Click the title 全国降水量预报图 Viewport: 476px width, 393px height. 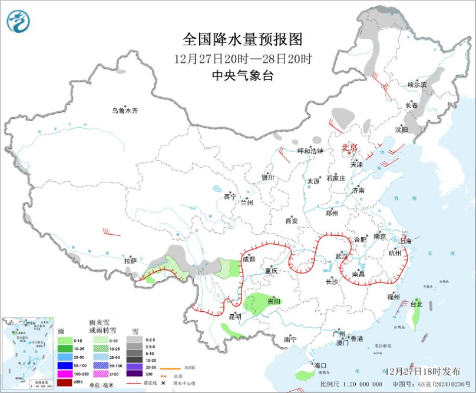[x=242, y=40]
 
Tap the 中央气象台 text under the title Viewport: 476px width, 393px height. [x=242, y=75]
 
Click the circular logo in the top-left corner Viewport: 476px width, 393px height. [x=18, y=22]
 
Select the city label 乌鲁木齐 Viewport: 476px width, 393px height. [x=125, y=111]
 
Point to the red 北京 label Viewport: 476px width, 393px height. [x=350, y=148]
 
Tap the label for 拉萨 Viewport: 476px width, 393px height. [x=130, y=260]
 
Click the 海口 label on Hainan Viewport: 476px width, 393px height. [x=321, y=365]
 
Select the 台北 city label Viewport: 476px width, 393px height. [x=416, y=304]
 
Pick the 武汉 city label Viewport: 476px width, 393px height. [x=342, y=257]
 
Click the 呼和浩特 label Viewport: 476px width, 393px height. [x=310, y=151]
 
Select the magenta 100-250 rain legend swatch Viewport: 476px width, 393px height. [x=65, y=373]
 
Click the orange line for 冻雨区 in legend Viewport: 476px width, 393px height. [x=168, y=368]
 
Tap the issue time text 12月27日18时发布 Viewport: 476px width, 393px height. [x=424, y=371]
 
